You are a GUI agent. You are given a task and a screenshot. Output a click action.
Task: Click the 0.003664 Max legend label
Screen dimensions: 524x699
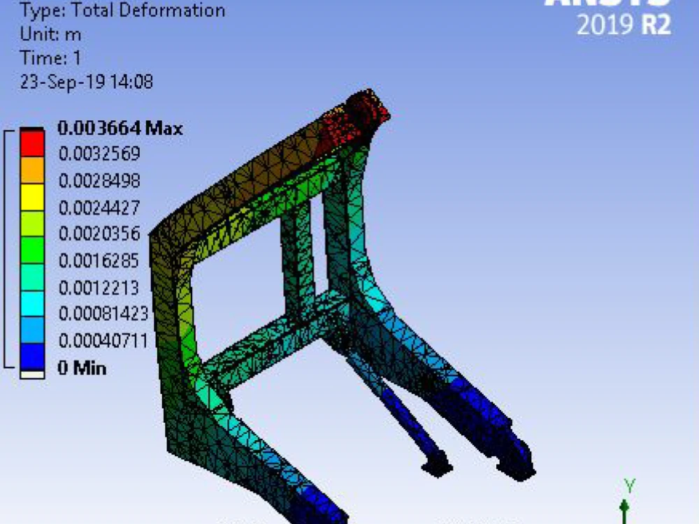(x=120, y=128)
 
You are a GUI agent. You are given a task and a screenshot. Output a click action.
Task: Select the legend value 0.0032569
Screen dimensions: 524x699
(x=99, y=154)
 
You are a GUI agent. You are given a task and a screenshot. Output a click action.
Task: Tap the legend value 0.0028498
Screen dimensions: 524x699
(x=99, y=181)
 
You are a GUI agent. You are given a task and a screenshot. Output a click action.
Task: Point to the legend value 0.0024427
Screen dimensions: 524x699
(x=99, y=208)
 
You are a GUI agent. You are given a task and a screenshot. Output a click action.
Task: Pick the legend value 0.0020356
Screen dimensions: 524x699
(x=99, y=233)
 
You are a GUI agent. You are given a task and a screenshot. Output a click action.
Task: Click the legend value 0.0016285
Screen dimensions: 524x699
(x=99, y=261)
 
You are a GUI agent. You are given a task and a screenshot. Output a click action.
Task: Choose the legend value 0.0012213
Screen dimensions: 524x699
(x=99, y=287)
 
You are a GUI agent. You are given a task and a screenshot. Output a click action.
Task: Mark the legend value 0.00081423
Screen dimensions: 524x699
(x=103, y=314)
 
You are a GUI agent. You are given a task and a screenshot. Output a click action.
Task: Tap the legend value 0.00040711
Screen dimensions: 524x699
(x=103, y=341)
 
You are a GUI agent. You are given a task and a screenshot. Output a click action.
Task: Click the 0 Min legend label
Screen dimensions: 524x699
(x=82, y=367)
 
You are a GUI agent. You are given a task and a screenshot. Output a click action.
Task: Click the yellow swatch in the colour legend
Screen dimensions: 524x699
(x=31, y=197)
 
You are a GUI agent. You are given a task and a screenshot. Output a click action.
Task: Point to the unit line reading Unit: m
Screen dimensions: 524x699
(x=52, y=34)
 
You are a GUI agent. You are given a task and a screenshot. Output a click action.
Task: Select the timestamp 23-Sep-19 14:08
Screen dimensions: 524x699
(x=87, y=82)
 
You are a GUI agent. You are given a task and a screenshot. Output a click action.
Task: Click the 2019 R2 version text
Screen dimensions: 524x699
(x=624, y=25)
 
